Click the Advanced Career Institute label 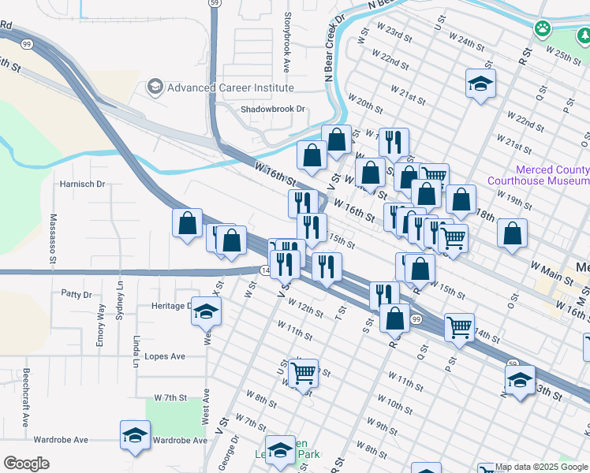click(x=230, y=88)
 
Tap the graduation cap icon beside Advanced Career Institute click(x=155, y=87)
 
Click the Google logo click(x=26, y=464)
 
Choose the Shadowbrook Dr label click(x=272, y=110)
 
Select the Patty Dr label click(x=77, y=294)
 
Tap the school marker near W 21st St click(x=480, y=83)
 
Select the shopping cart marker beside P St click(x=459, y=326)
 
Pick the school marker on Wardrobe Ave click(x=135, y=435)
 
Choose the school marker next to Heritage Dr click(x=206, y=313)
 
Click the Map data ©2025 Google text click(x=541, y=467)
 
